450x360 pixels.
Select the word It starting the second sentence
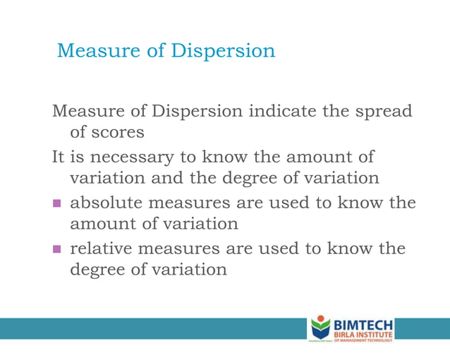coord(59,156)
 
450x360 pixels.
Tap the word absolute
coord(109,203)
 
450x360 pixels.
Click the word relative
coord(104,248)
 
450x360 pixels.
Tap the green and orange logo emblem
coord(320,328)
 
